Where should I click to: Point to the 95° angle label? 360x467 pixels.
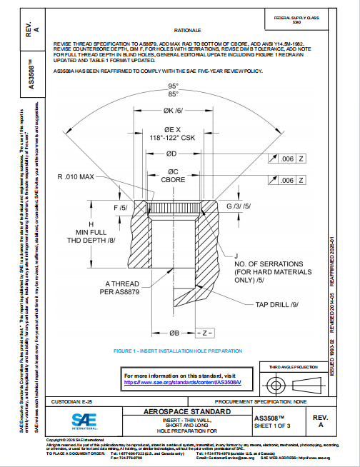(x=172, y=86)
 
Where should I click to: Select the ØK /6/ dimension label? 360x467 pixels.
(x=171, y=111)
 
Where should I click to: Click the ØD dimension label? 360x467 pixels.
(x=171, y=154)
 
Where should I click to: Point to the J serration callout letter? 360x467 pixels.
(x=235, y=256)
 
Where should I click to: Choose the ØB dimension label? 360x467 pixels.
(x=172, y=333)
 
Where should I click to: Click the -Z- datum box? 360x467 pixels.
(x=204, y=333)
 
